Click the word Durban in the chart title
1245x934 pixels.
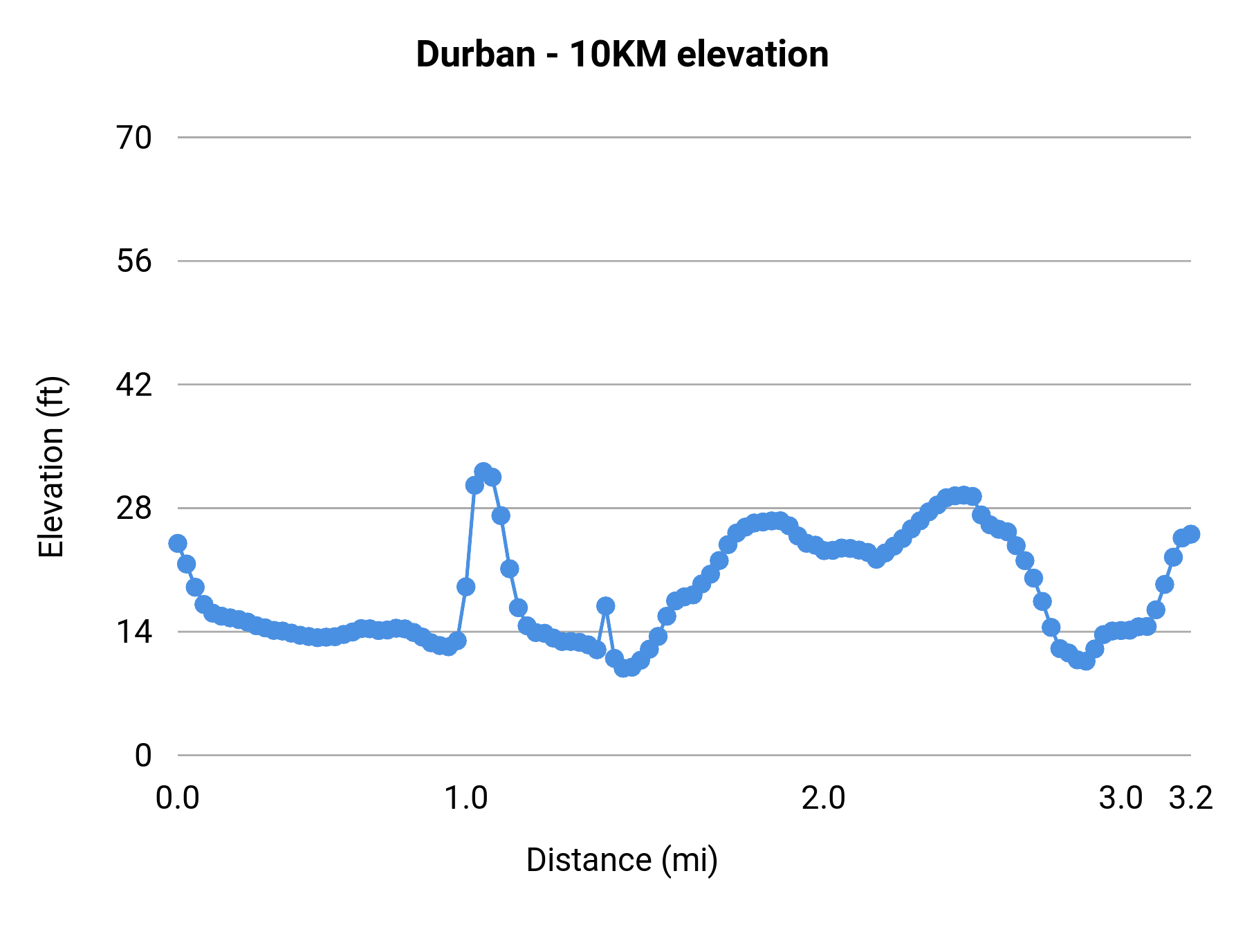pos(475,55)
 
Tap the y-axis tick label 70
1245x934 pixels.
pos(133,138)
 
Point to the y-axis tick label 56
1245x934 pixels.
pos(133,262)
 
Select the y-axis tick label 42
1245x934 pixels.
pos(133,385)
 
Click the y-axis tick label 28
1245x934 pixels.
pos(133,509)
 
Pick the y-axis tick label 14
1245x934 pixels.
pos(133,632)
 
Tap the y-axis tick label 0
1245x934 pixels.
pos(142,756)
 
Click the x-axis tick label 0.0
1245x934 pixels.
pos(178,798)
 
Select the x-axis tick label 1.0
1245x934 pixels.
pos(465,798)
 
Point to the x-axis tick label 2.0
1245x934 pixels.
pos(823,798)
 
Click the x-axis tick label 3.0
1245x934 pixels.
pos(1120,798)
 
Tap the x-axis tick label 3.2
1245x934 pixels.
pos(1191,798)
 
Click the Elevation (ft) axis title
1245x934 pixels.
pos(51,467)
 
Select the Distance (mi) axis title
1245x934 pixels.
pos(622,860)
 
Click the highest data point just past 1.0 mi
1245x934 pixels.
pos(483,471)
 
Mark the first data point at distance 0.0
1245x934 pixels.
pos(178,543)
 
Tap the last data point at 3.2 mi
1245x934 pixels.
pos(1190,534)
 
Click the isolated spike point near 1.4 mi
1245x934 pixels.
pos(606,606)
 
